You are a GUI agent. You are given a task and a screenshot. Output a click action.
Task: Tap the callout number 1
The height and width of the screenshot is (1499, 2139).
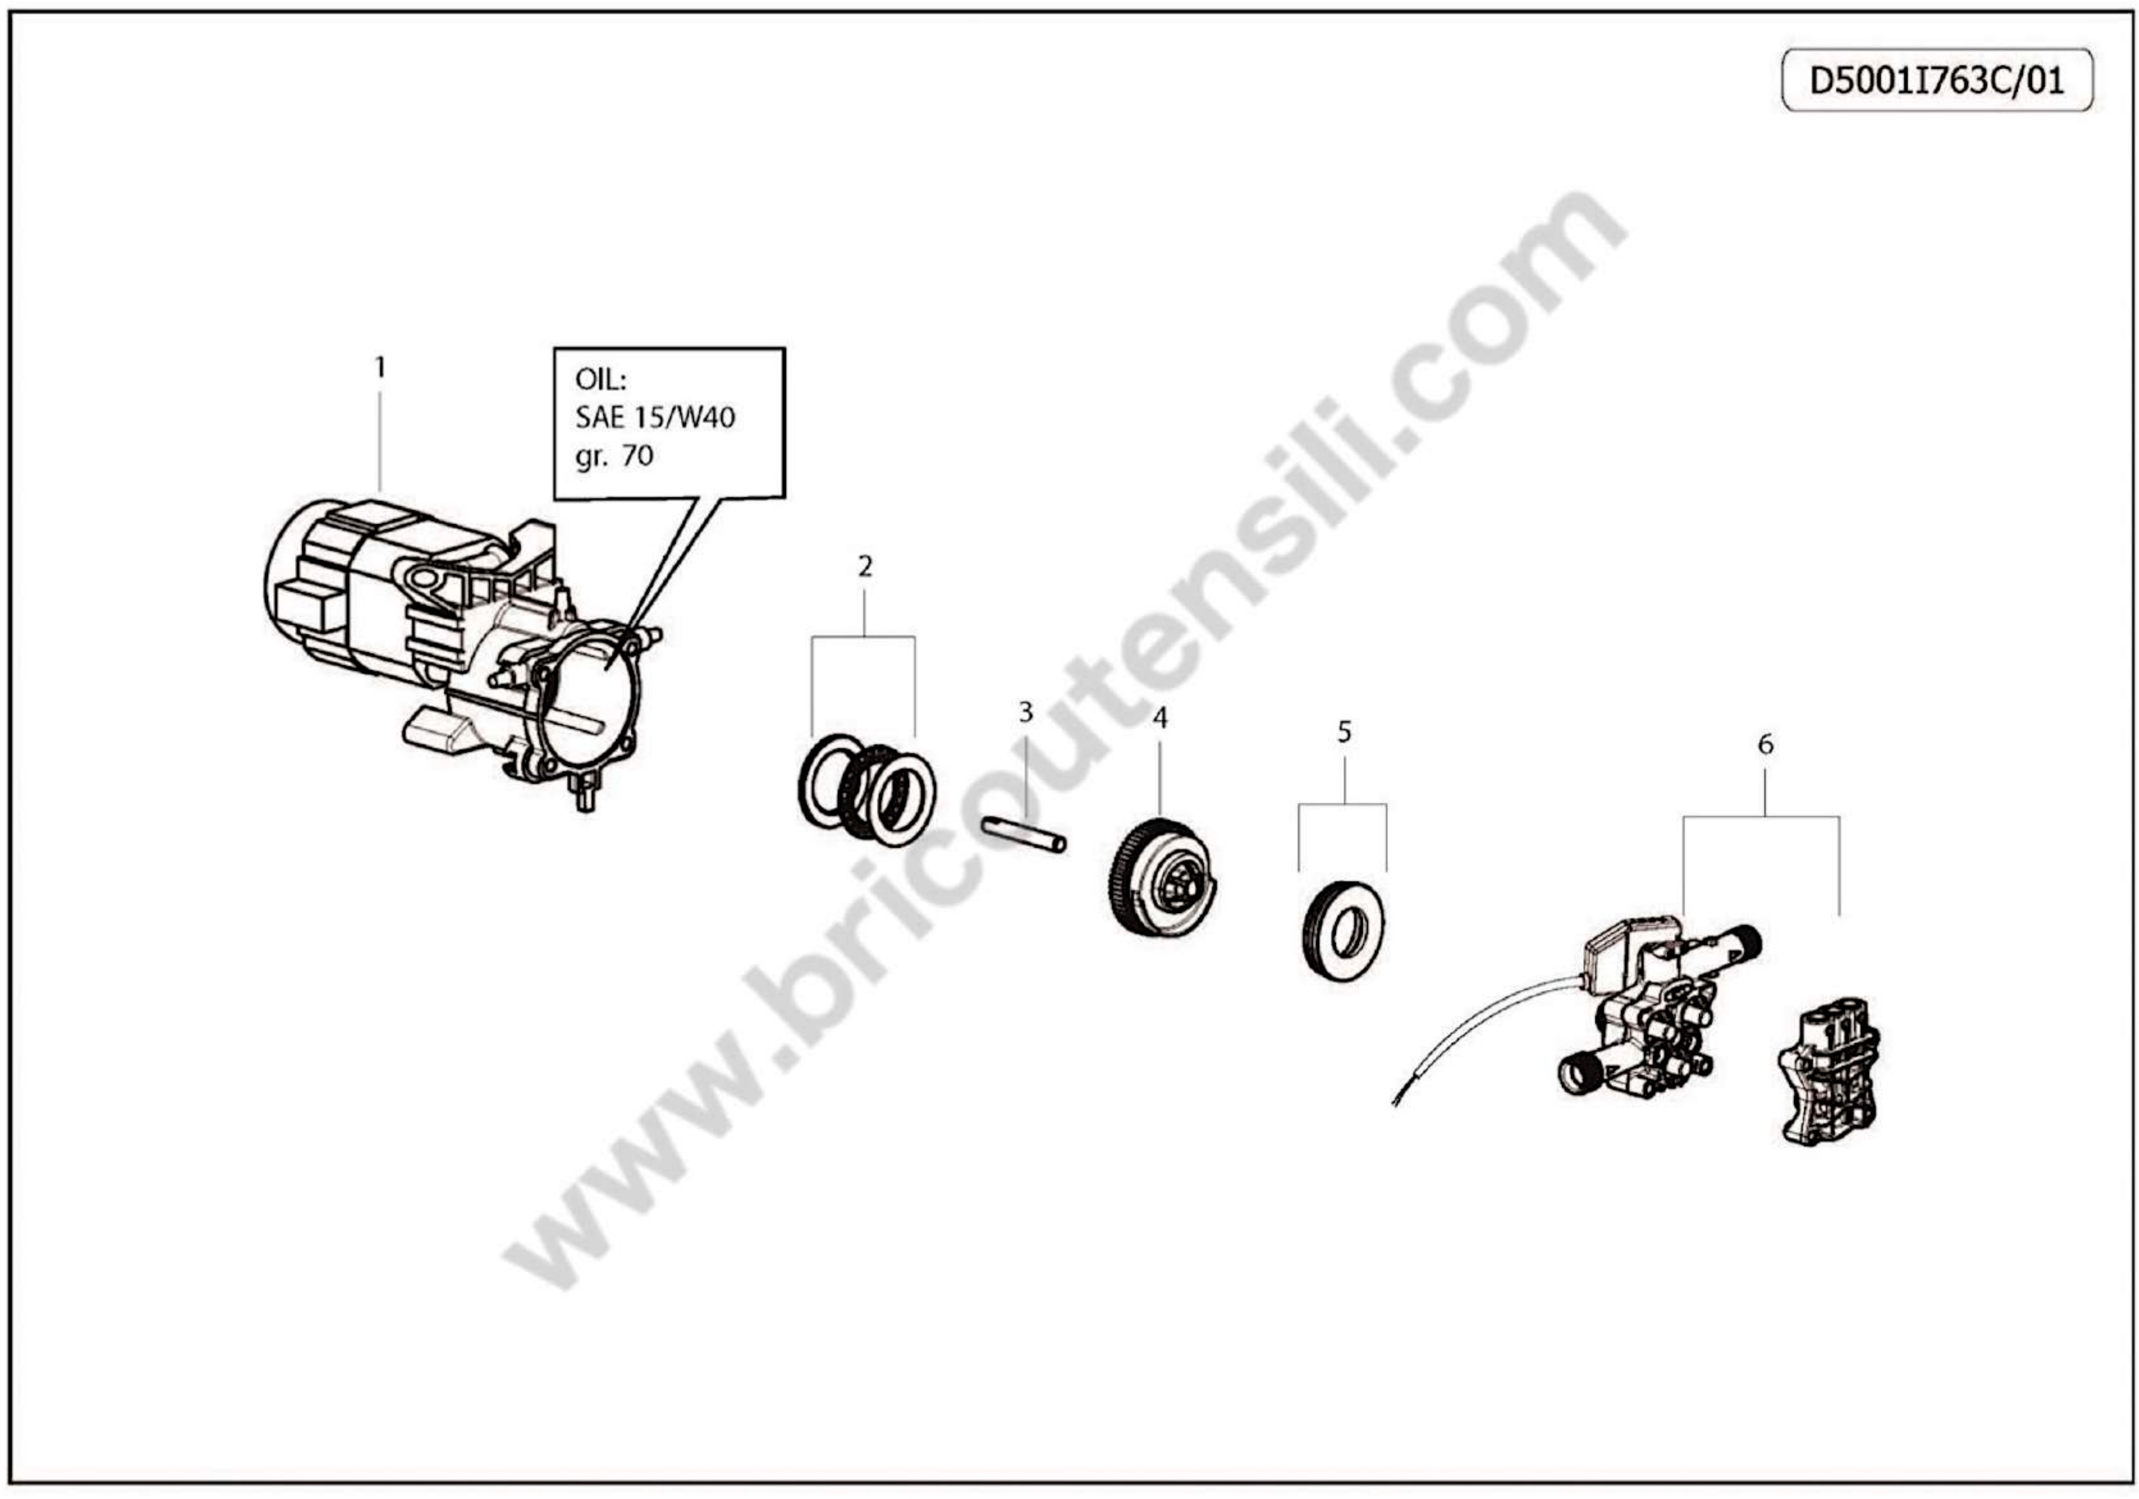click(x=379, y=368)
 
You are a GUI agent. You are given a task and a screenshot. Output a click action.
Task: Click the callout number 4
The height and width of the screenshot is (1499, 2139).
click(x=1160, y=718)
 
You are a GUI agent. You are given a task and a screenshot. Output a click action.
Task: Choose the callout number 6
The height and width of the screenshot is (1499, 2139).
click(x=1765, y=744)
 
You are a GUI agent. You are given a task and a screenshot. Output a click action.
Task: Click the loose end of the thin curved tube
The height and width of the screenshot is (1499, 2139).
click(x=1394, y=1105)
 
